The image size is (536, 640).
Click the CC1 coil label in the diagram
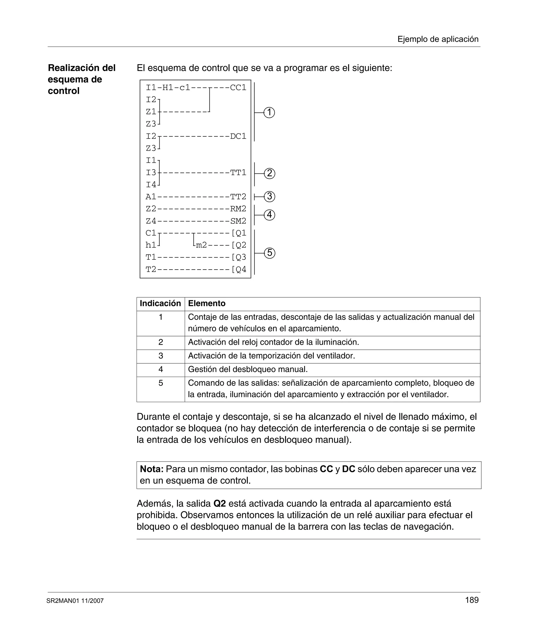(x=238, y=88)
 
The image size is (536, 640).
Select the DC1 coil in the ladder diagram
(x=238, y=136)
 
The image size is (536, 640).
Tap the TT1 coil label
(x=238, y=173)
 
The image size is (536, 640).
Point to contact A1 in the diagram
(x=151, y=197)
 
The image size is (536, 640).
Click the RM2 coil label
(x=238, y=209)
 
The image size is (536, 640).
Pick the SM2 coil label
(x=238, y=221)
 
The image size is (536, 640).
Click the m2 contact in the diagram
(x=201, y=245)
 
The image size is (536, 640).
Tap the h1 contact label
(x=151, y=245)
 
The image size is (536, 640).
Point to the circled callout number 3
(x=269, y=196)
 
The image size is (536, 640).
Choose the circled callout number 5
(x=269, y=253)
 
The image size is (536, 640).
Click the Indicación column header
(x=160, y=304)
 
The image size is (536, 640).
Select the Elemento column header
(x=206, y=304)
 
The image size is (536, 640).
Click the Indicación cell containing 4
(x=160, y=369)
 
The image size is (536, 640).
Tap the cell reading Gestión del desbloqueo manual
(x=248, y=369)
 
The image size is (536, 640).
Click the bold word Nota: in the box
(x=151, y=469)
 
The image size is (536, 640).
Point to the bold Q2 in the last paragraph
(x=220, y=504)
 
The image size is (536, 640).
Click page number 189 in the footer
(x=472, y=600)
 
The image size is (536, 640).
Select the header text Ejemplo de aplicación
(x=438, y=39)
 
